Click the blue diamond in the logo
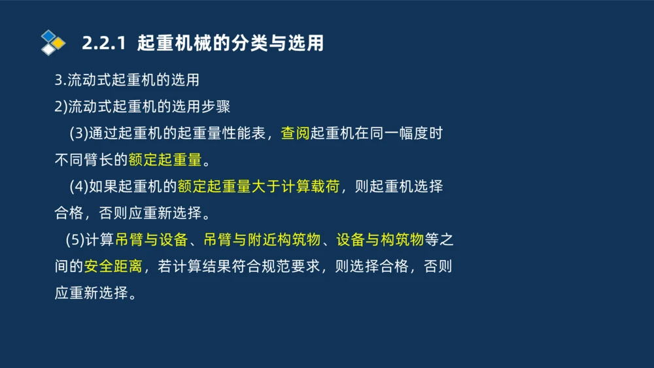[48, 35]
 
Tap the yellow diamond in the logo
[59, 43]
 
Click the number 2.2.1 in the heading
[103, 44]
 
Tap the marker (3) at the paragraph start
[78, 133]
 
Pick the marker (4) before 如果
[78, 186]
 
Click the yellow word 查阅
[295, 133]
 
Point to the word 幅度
[413, 133]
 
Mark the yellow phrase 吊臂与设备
[152, 239]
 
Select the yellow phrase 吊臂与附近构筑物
[262, 239]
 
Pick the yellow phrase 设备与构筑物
[380, 239]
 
